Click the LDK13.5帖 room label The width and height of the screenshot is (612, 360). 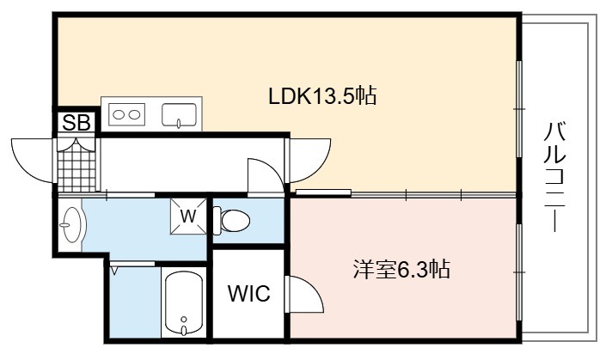[322, 96]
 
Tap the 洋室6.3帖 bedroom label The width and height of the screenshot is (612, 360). [401, 269]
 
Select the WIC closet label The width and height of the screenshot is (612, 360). [249, 293]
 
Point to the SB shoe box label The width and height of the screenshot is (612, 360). [76, 123]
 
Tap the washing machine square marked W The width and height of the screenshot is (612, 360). [188, 217]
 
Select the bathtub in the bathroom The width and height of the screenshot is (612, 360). [184, 303]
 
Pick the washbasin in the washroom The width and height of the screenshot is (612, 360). [72, 224]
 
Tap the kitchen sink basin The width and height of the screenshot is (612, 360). [179, 115]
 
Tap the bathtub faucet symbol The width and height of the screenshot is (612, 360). [184, 326]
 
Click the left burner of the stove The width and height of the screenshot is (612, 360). [119, 114]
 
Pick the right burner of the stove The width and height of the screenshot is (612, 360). [135, 114]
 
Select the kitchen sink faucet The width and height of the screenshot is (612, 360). [179, 123]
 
